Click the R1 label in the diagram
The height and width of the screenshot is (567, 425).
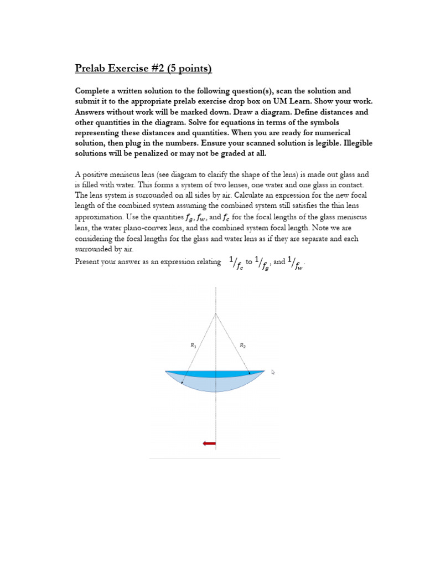pos(193,346)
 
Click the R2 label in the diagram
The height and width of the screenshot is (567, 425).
pos(242,346)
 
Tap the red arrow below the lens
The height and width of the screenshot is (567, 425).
pos(209,443)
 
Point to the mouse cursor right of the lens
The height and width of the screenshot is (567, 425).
pos(273,372)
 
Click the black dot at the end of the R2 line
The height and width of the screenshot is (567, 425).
pos(249,373)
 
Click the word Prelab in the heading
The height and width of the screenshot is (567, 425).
pos(92,69)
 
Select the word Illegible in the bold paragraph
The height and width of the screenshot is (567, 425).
pos(342,143)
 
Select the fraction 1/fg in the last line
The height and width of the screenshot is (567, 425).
pos(262,263)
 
